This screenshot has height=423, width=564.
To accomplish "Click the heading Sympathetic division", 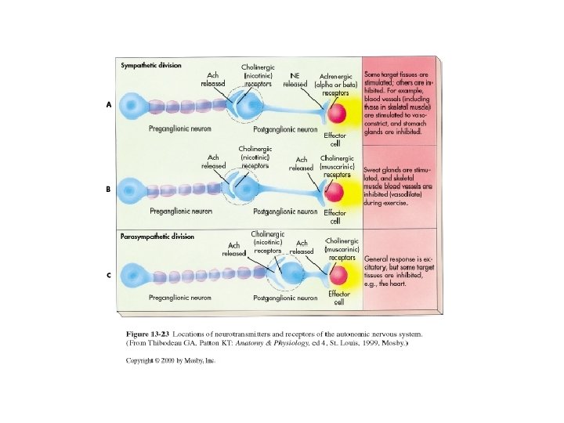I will tap(151, 65).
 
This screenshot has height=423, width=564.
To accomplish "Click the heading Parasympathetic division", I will tap(157, 236).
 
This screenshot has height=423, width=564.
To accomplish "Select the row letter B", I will tap(110, 190).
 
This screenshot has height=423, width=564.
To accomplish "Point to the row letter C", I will tap(110, 274).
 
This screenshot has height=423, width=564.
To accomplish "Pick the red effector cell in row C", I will tap(338, 275).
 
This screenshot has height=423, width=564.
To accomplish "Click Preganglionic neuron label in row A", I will tap(179, 129).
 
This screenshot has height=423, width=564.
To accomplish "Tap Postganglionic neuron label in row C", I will tap(285, 298).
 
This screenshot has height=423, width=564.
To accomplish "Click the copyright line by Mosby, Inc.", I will tap(171, 361).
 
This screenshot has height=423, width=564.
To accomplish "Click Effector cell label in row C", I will tap(338, 298).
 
